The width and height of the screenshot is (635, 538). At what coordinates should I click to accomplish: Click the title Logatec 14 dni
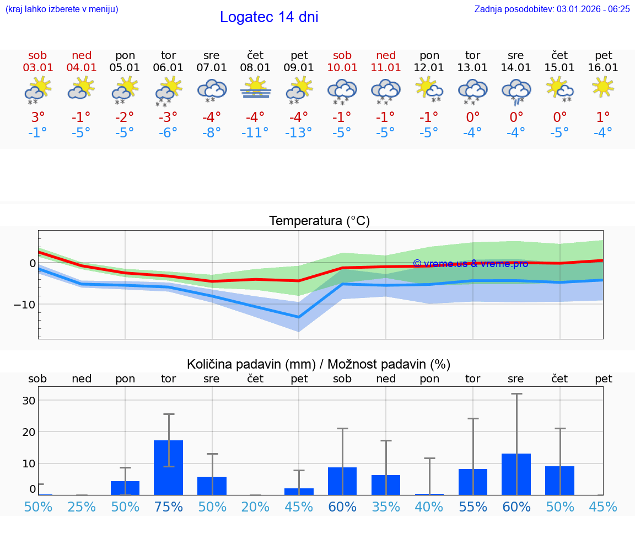[269, 17]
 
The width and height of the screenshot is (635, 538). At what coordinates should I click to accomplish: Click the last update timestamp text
[552, 9]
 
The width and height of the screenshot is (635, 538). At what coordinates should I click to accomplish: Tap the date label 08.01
[255, 68]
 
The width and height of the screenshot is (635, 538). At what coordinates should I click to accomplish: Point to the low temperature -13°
[299, 133]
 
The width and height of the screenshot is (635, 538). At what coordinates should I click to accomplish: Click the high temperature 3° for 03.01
[37, 118]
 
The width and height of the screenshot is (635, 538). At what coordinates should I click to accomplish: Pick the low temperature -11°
[255, 133]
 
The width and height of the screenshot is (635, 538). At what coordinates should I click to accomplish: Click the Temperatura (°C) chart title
[319, 221]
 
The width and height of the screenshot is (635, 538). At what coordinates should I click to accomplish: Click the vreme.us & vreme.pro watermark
[470, 264]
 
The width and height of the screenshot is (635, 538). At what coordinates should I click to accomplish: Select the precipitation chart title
[319, 364]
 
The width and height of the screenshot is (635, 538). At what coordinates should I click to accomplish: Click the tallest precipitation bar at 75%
[168, 467]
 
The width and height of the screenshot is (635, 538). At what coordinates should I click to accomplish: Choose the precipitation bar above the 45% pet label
[299, 491]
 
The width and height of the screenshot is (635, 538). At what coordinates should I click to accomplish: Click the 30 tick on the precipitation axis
[29, 401]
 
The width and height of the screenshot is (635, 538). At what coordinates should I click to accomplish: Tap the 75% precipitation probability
[168, 507]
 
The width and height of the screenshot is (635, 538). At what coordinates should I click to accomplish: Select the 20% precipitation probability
[255, 507]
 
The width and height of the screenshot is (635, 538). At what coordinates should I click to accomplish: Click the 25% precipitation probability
[81, 507]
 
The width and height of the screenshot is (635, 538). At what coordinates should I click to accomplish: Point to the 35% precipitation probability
[386, 507]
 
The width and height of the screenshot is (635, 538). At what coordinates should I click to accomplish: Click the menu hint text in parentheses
[62, 9]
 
